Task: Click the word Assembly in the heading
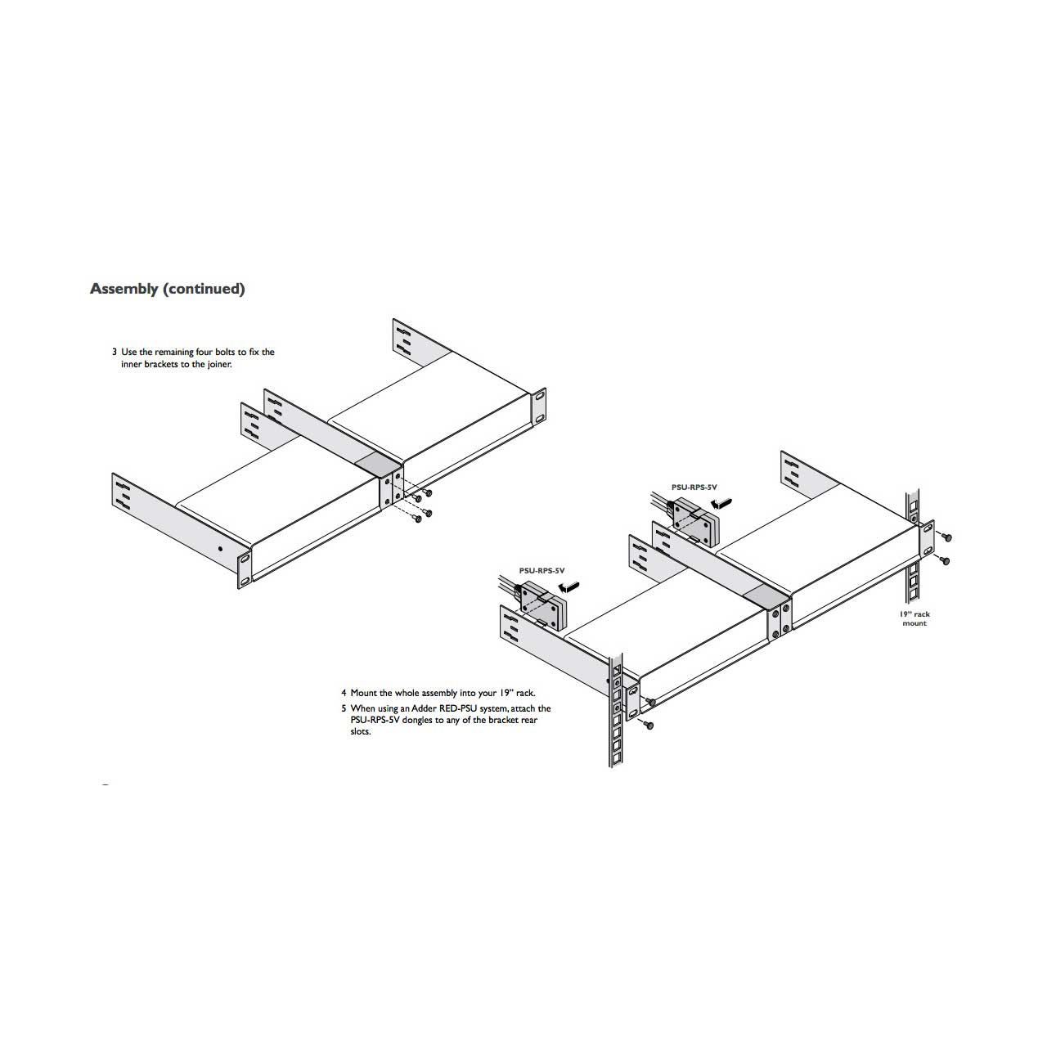tap(124, 289)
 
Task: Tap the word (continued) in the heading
tap(204, 289)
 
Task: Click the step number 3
tap(115, 352)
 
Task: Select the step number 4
tap(344, 694)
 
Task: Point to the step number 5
tap(344, 708)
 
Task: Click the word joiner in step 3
tap(219, 365)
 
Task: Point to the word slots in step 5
tap(360, 732)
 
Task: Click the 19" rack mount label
tap(914, 619)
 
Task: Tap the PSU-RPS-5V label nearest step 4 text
tap(541, 571)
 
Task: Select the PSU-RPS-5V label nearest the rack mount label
tap(694, 488)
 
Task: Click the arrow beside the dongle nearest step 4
tap(568, 586)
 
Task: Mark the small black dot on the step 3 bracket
tap(220, 549)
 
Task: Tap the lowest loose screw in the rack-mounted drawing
tap(647, 725)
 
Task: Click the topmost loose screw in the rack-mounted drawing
tap(947, 538)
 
